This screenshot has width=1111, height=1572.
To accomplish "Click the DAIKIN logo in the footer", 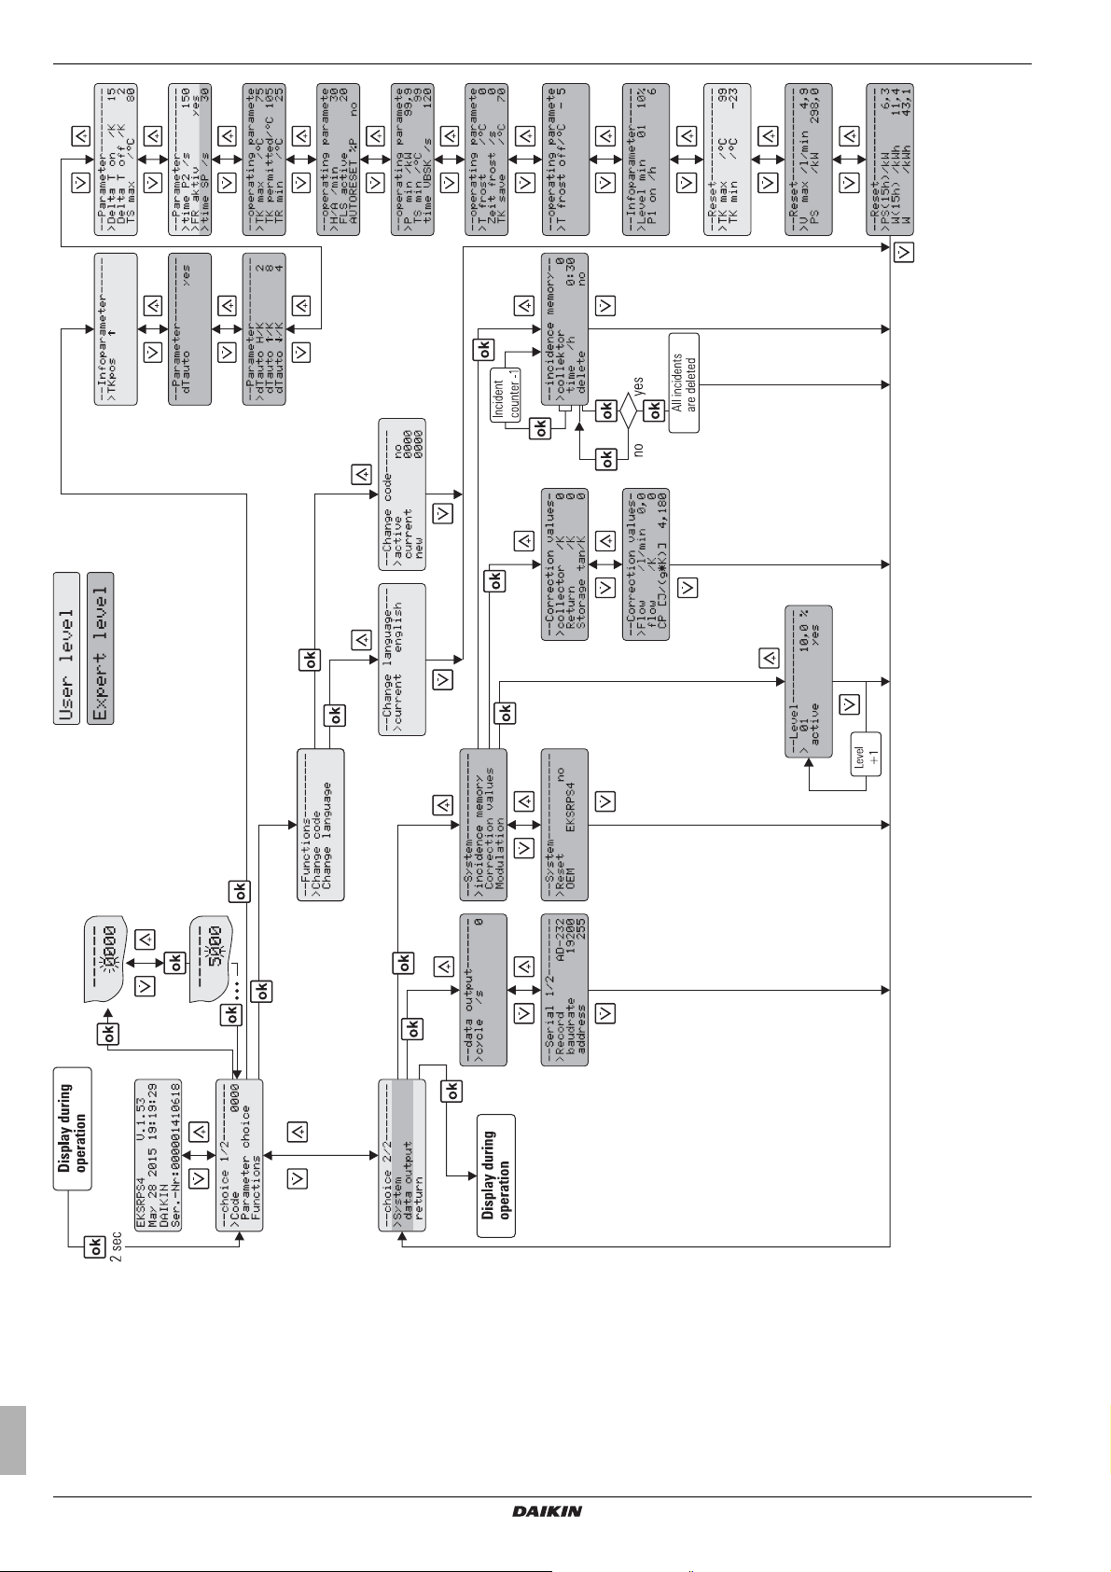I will [547, 1510].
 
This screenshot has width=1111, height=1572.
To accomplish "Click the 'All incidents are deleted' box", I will [683, 383].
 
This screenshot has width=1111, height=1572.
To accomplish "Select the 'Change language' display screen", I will [402, 660].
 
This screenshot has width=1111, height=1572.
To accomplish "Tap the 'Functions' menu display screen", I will [320, 824].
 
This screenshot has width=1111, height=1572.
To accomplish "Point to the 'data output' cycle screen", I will [483, 990].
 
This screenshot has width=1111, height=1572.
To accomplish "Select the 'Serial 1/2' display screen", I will [564, 990].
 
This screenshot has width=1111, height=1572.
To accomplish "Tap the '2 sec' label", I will [116, 1246].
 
